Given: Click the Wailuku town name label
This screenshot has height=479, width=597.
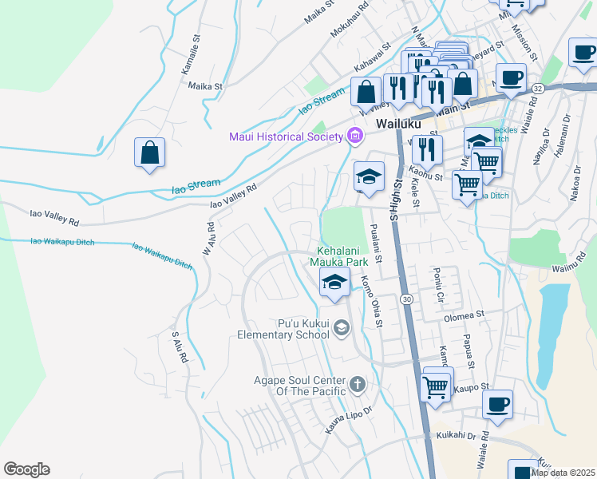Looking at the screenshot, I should [397, 125].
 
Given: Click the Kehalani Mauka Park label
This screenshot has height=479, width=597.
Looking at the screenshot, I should [345, 255].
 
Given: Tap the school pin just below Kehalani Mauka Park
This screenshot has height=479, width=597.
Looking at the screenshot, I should [334, 281].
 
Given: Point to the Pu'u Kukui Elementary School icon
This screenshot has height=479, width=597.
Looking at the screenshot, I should [341, 327].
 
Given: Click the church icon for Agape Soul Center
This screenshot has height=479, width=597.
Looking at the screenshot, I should [357, 385].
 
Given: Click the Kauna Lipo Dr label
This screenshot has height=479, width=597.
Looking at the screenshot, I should [349, 422].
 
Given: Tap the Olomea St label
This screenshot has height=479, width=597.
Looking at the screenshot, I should [465, 316].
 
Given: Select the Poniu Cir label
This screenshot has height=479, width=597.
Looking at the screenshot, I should [438, 286].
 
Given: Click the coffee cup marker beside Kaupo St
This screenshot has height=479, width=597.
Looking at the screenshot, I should [497, 404].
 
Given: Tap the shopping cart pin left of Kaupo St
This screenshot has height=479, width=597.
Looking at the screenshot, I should [436, 387].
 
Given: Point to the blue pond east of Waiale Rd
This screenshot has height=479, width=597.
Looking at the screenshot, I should [553, 331].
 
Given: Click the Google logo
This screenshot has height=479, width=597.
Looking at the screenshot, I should [26, 469].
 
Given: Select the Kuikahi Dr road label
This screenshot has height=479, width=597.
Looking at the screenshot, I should [456, 436].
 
